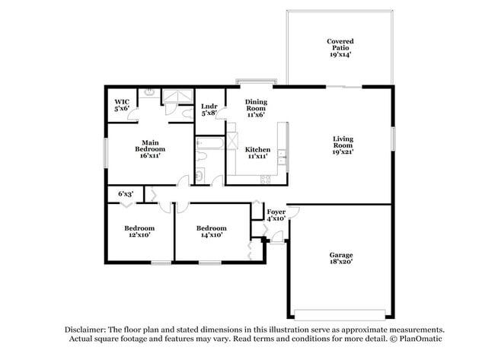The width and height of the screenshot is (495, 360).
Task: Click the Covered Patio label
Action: click(340, 48)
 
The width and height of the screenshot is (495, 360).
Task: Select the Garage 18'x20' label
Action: click(340, 258)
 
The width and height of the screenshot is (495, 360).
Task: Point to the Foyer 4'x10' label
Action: click(275, 215)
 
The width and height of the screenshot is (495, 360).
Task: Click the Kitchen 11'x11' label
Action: click(257, 153)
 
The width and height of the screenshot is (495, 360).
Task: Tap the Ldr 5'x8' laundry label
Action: click(209, 110)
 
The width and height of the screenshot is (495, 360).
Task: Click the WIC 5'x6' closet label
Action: click(122, 105)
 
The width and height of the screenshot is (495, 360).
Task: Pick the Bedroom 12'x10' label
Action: click(139, 231)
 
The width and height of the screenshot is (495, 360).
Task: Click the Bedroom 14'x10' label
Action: click(211, 231)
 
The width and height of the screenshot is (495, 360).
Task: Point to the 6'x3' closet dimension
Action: click(126, 195)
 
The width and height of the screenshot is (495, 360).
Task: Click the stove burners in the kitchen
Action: click(266, 180)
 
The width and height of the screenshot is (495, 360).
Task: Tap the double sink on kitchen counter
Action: click(283, 158)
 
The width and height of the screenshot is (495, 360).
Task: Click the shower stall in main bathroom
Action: click(177, 97)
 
